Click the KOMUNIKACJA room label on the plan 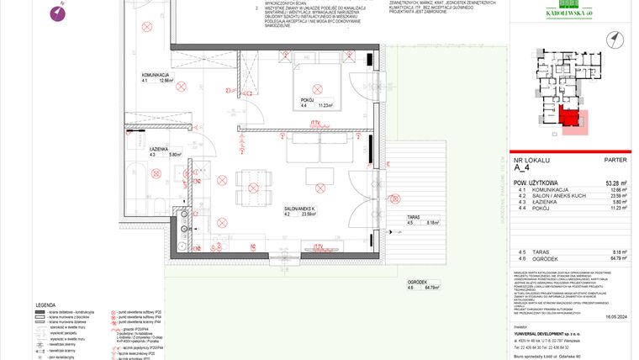coord(156,75)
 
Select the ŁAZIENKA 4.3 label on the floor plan coord(156,149)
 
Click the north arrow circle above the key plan coord(616,39)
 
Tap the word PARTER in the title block coord(615,159)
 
